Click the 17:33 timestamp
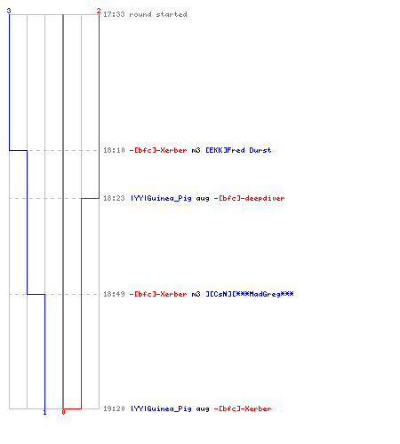[114, 14]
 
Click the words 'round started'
[158, 14]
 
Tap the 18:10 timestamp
[114, 150]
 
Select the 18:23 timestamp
[114, 198]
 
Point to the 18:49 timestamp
[114, 294]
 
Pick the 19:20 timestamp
[114, 408]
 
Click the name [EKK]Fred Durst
[238, 150]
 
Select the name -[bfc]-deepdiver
[249, 198]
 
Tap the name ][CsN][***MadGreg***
[250, 294]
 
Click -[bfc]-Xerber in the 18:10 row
[158, 150]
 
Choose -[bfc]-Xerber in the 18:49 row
[158, 294]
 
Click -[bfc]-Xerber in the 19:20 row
[243, 408]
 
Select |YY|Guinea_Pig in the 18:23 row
[161, 198]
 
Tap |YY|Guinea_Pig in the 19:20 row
[161, 408]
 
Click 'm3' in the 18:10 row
[196, 151]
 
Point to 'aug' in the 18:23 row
[203, 199]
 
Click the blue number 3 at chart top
[9, 11]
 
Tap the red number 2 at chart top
[99, 11]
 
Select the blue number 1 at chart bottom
[44, 412]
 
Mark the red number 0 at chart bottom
[63, 412]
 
